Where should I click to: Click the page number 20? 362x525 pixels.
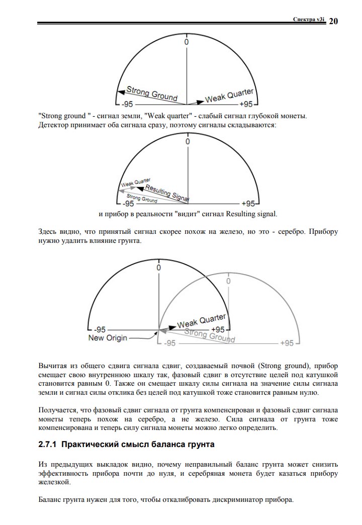coord(333,21)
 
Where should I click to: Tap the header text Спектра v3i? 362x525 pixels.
coord(309,19)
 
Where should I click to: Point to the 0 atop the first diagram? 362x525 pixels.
coord(187,42)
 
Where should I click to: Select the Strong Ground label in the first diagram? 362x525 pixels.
coord(151,94)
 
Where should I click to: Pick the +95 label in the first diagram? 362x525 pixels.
coord(246,104)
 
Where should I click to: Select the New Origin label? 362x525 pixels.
coord(108,338)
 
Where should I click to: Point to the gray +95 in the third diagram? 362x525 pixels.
coord(286,343)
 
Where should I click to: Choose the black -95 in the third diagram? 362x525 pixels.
coord(101,329)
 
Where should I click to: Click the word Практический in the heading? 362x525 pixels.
coord(96,445)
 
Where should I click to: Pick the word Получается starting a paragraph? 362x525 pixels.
coord(59,410)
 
